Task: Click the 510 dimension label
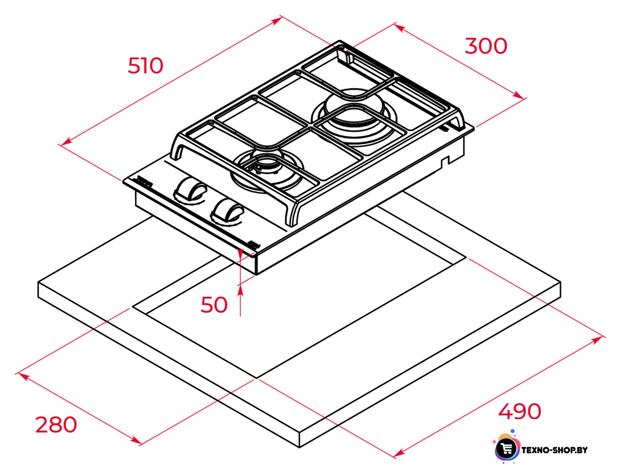pos(145,66)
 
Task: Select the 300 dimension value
pos(486,46)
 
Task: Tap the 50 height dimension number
pos(214,304)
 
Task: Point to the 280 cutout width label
pos(56,424)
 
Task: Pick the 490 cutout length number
pos(519,412)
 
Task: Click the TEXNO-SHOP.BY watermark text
pos(554,450)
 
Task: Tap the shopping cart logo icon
pos(507,448)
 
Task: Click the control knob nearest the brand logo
pos(190,189)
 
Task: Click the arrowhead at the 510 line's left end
pos(67,141)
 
